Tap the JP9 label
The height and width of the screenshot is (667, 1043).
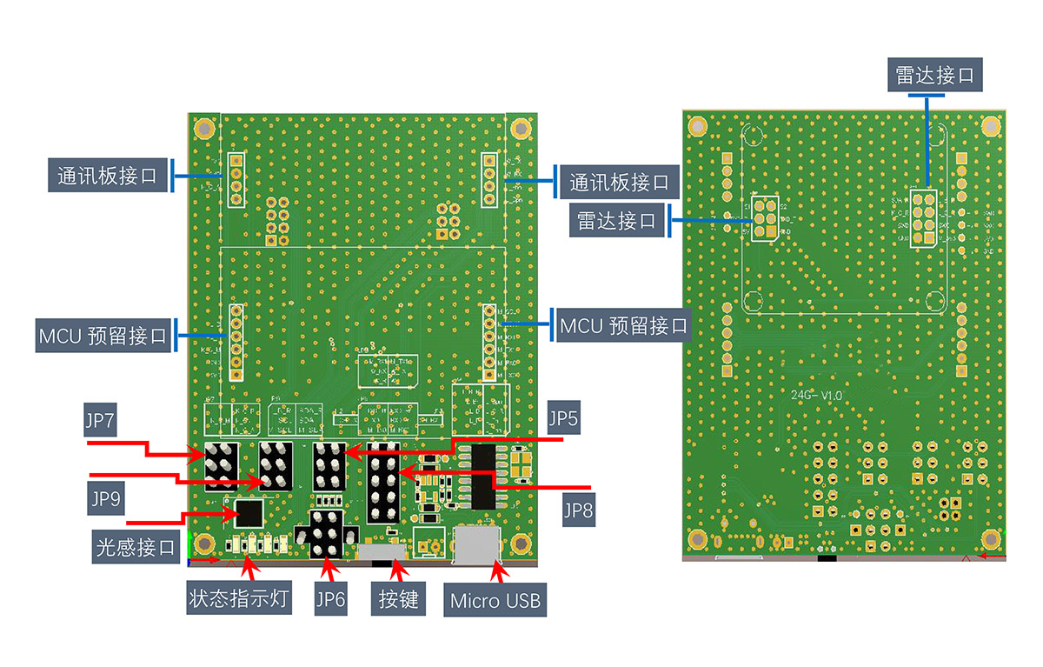pos(106,498)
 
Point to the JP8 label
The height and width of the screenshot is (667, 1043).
pos(577,510)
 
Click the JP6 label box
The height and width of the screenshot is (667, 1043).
pos(329,599)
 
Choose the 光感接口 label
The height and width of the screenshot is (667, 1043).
pos(134,548)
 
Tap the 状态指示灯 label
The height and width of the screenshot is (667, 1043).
pos(241,599)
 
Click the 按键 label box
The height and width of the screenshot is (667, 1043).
pos(399,599)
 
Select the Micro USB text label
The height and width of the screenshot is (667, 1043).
pos(495,600)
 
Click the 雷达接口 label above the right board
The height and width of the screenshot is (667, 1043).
pos(935,76)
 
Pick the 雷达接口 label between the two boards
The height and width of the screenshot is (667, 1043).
pos(616,220)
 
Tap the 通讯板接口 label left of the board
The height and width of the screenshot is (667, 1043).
pos(107,176)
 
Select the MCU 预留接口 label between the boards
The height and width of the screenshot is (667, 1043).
pos(623,326)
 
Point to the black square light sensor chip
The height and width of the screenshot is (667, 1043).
pos(249,512)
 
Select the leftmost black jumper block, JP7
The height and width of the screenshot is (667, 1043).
pos(222,465)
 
